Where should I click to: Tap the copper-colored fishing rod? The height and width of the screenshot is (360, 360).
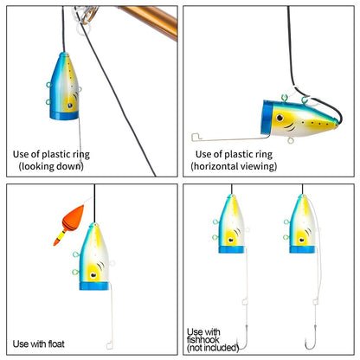point(150,20)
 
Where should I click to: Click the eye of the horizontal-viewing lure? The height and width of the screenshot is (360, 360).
point(280,118)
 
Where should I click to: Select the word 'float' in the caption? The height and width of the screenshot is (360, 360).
point(56,344)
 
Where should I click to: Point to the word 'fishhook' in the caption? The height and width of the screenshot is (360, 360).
point(203,339)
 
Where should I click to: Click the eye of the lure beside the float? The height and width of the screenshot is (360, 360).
point(93,275)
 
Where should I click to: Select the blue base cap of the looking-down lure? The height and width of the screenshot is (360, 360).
point(64,115)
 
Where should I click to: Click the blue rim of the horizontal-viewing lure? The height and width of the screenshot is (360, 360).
point(267,118)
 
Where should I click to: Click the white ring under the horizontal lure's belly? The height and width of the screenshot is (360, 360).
point(291,140)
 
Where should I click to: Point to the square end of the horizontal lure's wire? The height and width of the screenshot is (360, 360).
point(196,137)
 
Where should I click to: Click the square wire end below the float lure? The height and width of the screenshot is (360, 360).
point(110,345)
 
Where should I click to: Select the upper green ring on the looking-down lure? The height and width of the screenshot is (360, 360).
point(49,85)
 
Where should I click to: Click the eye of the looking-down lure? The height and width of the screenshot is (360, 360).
point(70,106)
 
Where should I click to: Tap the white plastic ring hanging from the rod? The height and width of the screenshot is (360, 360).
point(84,29)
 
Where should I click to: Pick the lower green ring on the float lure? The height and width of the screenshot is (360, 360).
point(75,272)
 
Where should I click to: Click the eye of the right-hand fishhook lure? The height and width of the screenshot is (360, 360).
point(301,240)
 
